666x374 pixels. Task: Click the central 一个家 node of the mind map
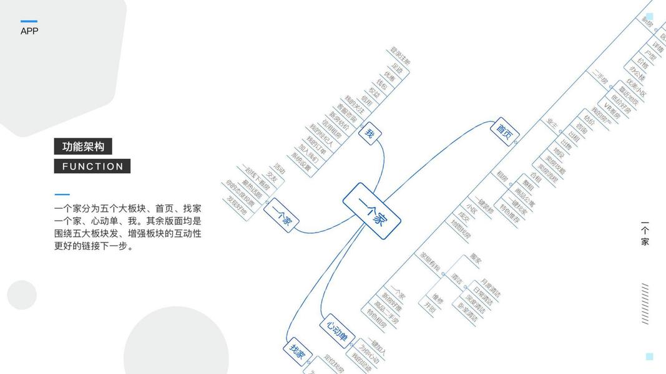[x=371, y=211]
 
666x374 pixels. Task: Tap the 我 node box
[x=370, y=133]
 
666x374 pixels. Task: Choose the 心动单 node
[x=336, y=331]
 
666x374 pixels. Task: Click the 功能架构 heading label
[x=83, y=146]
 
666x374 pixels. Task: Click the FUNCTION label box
[x=92, y=166]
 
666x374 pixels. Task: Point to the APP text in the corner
[x=29, y=31]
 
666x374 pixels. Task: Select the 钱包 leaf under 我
[x=381, y=85]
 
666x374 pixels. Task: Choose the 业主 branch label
[x=553, y=123]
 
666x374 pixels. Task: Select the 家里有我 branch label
[x=430, y=261]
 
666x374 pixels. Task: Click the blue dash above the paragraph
[x=62, y=194]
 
